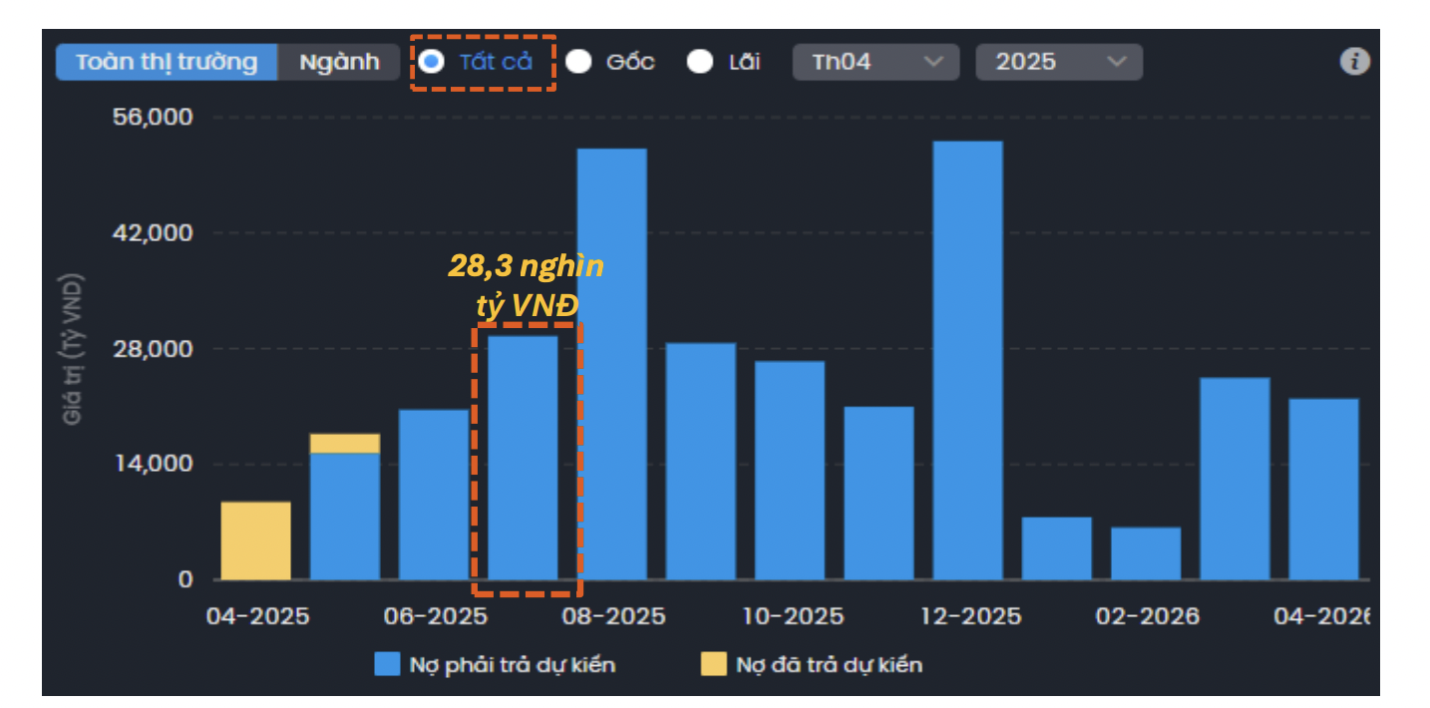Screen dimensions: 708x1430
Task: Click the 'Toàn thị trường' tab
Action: (x=167, y=62)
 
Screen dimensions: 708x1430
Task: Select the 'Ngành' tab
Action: (x=340, y=62)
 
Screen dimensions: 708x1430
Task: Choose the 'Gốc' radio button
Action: (x=579, y=62)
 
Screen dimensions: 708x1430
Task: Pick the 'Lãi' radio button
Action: (x=700, y=62)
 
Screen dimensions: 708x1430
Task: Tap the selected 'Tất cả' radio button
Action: (x=432, y=62)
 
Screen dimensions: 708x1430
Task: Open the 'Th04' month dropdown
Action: (x=876, y=62)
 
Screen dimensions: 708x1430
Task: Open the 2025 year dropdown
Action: (x=1059, y=62)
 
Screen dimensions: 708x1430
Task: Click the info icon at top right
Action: (x=1353, y=62)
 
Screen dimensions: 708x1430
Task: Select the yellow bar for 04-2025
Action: (x=255, y=540)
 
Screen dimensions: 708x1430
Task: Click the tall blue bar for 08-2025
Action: (x=611, y=364)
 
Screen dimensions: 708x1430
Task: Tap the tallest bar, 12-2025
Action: (x=967, y=360)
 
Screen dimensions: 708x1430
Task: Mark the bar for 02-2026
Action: (x=1145, y=553)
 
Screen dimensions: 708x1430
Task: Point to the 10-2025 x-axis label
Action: (x=793, y=616)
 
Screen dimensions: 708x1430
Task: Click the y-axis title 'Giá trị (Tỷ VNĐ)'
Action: (x=73, y=348)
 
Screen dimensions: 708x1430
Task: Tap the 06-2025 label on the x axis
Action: (x=436, y=616)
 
